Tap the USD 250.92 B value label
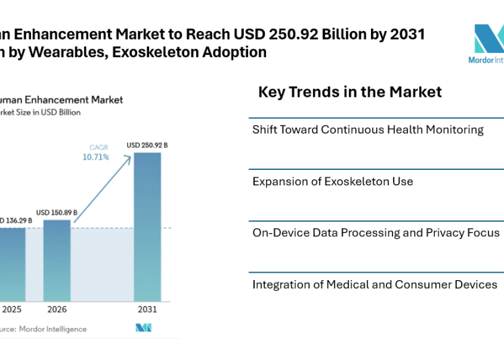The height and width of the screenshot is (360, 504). coord(147,144)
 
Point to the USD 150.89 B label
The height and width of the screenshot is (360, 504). coord(56,212)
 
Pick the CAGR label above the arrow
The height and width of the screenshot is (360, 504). coord(98,147)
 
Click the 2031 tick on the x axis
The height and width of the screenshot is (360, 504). coord(147,310)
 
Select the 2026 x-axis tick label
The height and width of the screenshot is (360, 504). coord(57,310)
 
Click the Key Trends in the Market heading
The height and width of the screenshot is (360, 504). coord(349,92)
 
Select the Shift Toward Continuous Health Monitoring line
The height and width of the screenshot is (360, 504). coord(368,130)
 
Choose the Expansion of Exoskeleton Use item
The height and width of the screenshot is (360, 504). coord(333,181)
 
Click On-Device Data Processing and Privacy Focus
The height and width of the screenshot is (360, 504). coord(376,232)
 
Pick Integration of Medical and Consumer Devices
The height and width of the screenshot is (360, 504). coord(374,285)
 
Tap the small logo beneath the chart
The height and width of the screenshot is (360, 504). coord(144,328)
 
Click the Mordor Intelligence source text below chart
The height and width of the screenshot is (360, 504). coord(43,329)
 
